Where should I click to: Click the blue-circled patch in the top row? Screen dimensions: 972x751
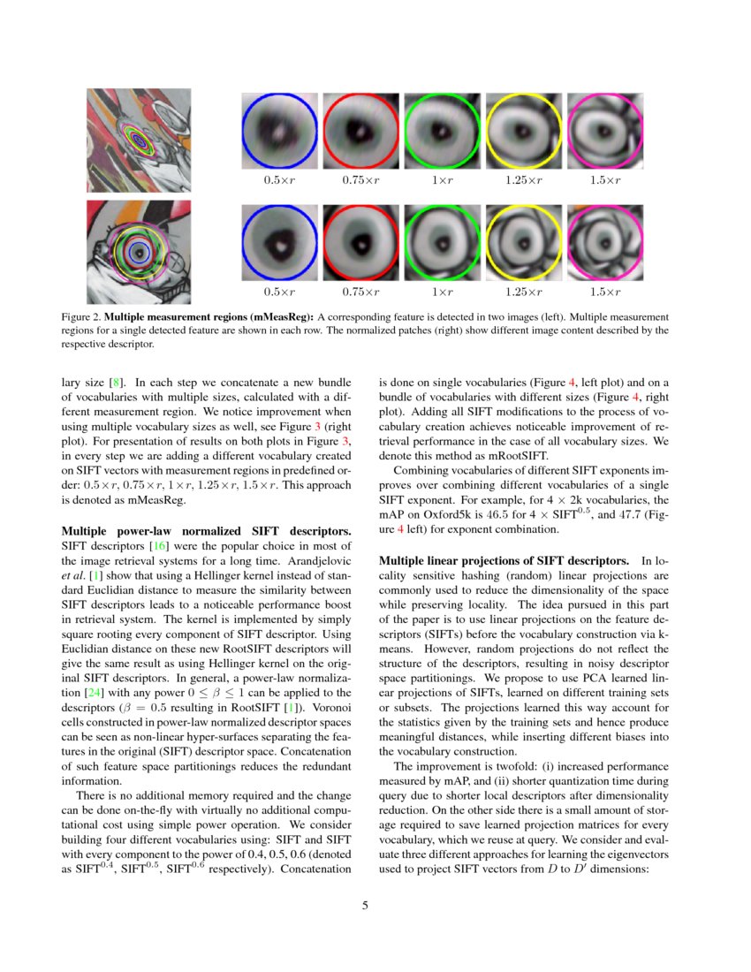[280, 131]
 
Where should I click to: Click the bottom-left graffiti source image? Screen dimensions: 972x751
[138, 253]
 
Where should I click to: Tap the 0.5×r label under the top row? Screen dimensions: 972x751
[280, 180]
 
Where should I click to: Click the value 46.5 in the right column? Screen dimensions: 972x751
[508, 515]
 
